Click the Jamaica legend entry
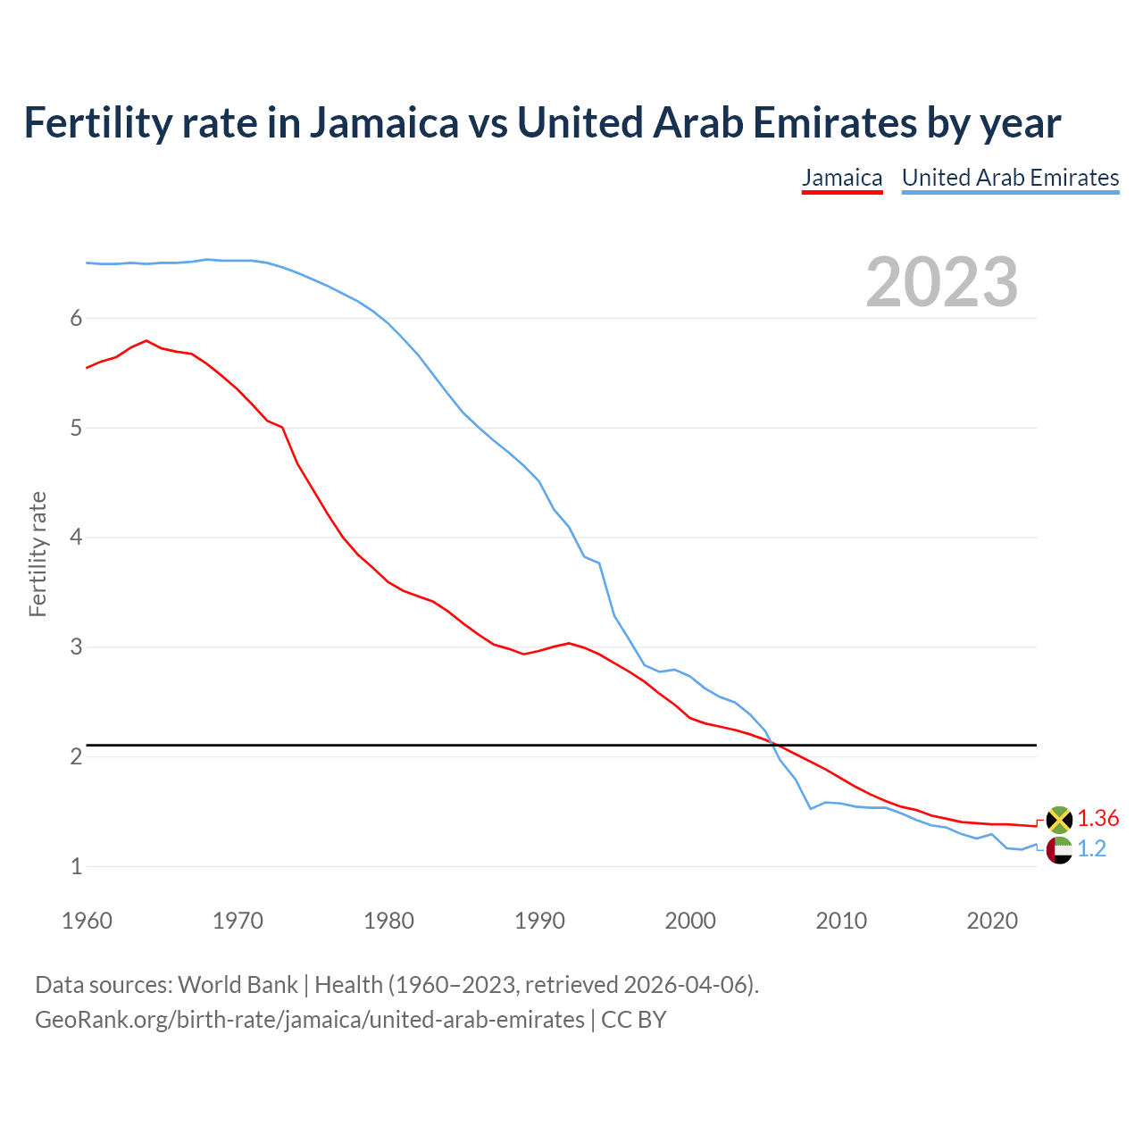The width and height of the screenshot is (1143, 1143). pyautogui.click(x=842, y=178)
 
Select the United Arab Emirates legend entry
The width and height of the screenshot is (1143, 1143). pyautogui.click(x=1010, y=178)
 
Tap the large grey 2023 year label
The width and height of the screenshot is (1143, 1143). pyautogui.click(x=941, y=282)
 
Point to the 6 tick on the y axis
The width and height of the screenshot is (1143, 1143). pyautogui.click(x=76, y=319)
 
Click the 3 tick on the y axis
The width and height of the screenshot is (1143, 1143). pyautogui.click(x=76, y=647)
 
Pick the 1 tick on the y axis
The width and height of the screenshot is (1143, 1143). pyautogui.click(x=76, y=866)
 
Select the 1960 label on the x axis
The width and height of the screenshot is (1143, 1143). pyautogui.click(x=87, y=921)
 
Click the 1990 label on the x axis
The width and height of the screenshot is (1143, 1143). pyautogui.click(x=539, y=921)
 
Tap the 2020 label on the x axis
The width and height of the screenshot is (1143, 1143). pyautogui.click(x=992, y=921)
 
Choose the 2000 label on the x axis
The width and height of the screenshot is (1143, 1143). pyautogui.click(x=690, y=921)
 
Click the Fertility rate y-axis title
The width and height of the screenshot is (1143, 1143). pyautogui.click(x=38, y=554)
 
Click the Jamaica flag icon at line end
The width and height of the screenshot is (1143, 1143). pyautogui.click(x=1059, y=819)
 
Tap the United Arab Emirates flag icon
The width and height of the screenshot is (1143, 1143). pyautogui.click(x=1059, y=850)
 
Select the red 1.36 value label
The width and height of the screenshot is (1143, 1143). pyautogui.click(x=1097, y=818)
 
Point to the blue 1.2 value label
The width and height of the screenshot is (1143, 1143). pyautogui.click(x=1091, y=849)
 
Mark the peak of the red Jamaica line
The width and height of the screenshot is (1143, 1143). pyautogui.click(x=146, y=340)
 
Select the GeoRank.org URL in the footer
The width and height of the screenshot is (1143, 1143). pyautogui.click(x=309, y=1020)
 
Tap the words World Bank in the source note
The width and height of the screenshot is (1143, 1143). pyautogui.click(x=238, y=985)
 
